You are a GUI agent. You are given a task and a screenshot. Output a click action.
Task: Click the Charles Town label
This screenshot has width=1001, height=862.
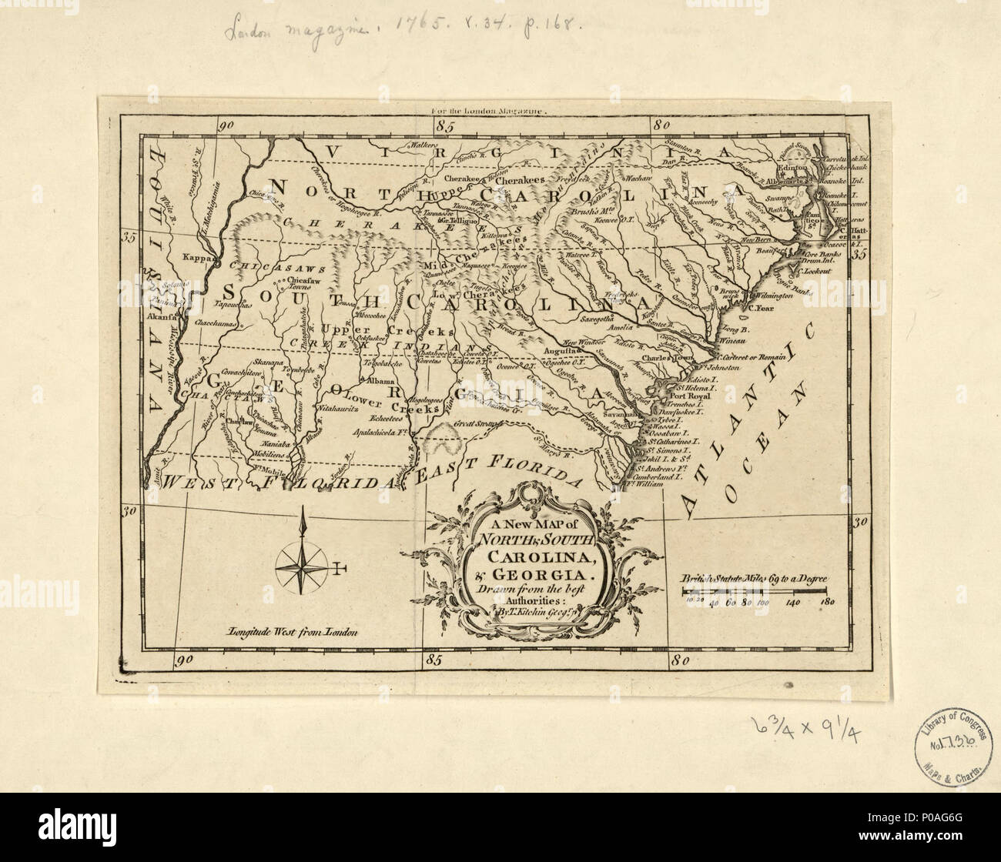point(665,357)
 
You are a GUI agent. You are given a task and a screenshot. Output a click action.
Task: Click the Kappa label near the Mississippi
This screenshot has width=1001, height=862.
point(194,259)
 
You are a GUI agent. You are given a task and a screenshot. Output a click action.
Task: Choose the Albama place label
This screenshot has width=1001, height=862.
point(381,380)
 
